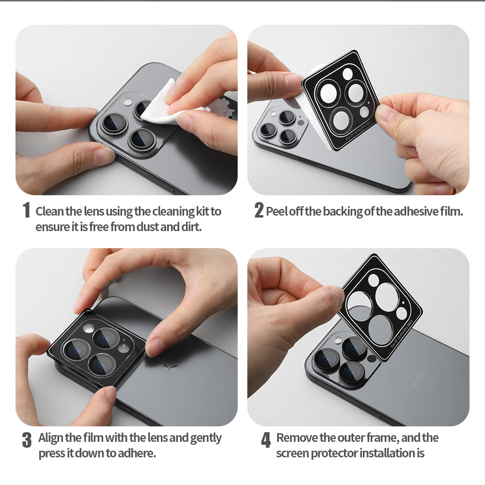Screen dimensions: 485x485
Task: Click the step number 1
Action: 26,211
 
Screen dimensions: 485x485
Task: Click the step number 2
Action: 259,211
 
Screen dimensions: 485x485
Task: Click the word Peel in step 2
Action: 277,211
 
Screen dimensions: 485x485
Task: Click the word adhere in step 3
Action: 138,454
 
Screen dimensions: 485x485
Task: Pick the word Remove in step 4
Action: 296,438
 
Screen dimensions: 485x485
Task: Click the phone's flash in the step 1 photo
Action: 127,102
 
